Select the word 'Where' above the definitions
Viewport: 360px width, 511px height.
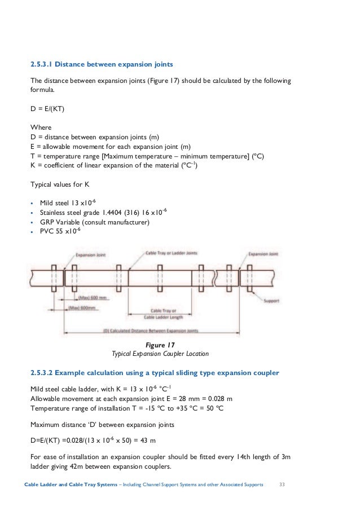[x=40, y=127]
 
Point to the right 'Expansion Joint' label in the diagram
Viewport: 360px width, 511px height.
[x=264, y=254]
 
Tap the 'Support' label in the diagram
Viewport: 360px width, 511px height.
[x=271, y=301]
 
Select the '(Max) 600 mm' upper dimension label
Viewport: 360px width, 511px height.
[x=89, y=297]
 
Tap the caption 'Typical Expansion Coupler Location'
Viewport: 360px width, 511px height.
[x=160, y=354]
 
